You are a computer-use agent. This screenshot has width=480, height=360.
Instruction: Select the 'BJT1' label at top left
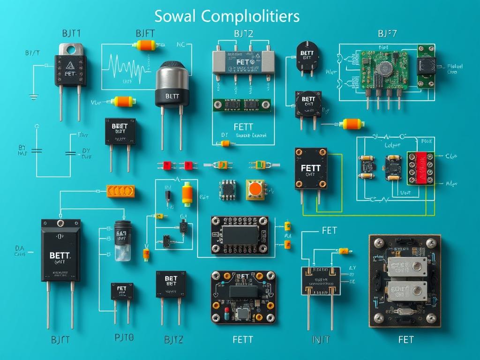coord(71,33)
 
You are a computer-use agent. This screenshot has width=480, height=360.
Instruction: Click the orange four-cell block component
coord(120,191)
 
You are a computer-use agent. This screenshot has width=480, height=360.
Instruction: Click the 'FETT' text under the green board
coord(243,127)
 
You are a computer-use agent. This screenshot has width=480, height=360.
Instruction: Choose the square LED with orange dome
coord(255,189)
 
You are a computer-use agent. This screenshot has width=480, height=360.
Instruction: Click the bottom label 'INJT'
coord(321,339)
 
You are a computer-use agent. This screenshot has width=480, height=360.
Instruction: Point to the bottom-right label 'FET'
coord(405,339)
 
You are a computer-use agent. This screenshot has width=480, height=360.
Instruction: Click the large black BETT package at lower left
coord(60,251)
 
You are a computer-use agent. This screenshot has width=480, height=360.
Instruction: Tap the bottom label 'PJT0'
coord(124,337)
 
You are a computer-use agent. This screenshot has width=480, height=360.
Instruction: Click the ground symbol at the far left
coord(33,97)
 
